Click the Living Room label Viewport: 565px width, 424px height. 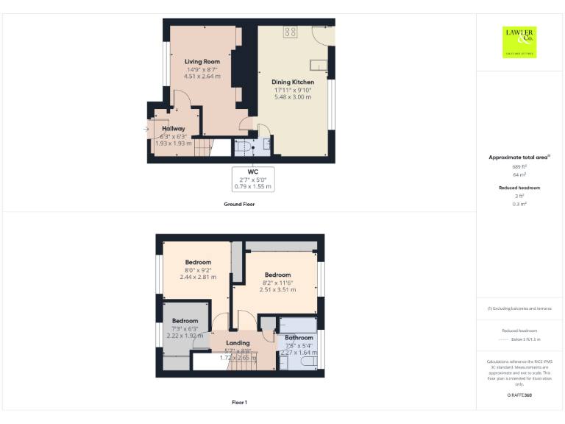(x=202, y=62)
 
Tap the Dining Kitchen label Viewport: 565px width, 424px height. (x=293, y=82)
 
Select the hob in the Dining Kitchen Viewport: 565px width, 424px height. (x=290, y=32)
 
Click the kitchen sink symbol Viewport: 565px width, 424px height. (x=319, y=62)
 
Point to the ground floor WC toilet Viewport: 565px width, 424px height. (x=242, y=146)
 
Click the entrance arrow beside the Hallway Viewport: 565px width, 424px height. (x=147, y=130)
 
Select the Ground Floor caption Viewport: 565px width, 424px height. (x=239, y=204)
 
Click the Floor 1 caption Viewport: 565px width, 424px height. (x=239, y=402)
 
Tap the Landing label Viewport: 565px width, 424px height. (x=238, y=343)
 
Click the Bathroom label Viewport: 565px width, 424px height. (x=299, y=338)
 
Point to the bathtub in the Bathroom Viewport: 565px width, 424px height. (x=297, y=325)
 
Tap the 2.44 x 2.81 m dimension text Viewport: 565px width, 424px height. (x=198, y=278)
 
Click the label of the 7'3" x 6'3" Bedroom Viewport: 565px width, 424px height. (x=185, y=321)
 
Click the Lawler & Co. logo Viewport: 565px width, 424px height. (x=519, y=42)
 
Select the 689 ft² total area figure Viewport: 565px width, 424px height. (x=519, y=166)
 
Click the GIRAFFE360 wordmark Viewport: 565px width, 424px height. (x=519, y=396)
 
